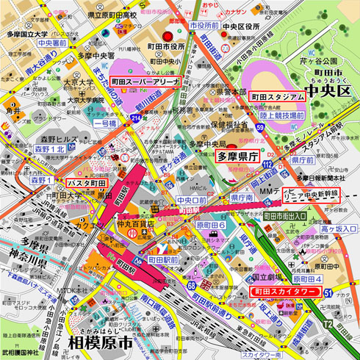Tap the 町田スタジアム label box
click(278, 96)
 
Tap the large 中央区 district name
click(330, 92)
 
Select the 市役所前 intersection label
click(204, 25)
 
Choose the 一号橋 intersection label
click(104, 124)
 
